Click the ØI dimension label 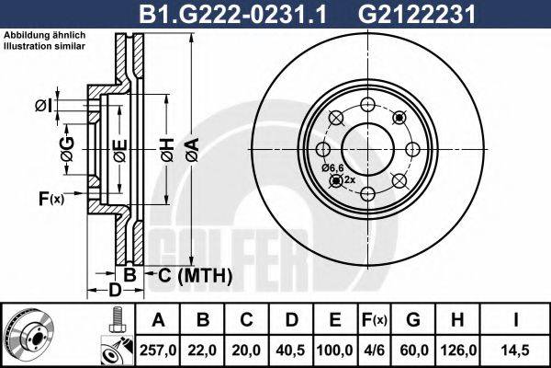(x=42, y=108)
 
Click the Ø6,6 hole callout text (x=332, y=167)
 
